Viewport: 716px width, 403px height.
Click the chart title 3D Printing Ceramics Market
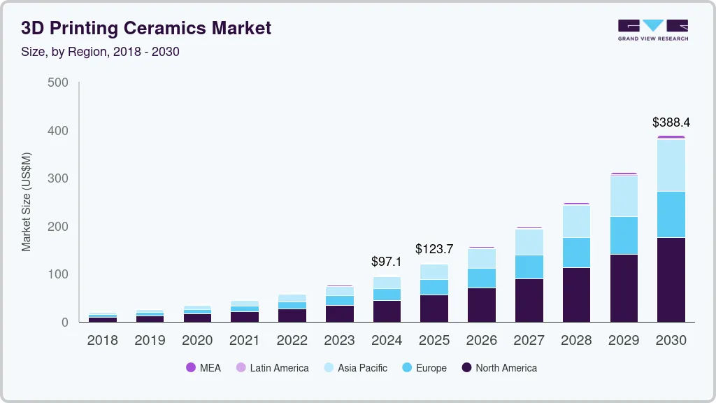(x=146, y=28)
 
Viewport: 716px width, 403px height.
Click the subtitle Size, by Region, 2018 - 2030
(x=100, y=52)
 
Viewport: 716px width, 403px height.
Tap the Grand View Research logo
(x=652, y=29)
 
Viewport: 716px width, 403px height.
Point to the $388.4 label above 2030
(x=671, y=122)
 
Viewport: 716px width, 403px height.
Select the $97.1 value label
(x=387, y=262)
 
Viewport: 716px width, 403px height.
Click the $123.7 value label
(x=434, y=249)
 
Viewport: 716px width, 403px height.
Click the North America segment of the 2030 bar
(x=671, y=280)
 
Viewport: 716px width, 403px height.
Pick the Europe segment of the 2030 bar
(x=671, y=214)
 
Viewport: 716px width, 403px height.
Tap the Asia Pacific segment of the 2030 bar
(x=671, y=165)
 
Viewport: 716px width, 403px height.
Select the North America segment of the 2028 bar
(x=576, y=295)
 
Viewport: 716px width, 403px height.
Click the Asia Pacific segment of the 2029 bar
(x=623, y=196)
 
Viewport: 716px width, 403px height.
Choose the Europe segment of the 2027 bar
(x=529, y=267)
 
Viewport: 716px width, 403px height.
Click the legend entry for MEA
(x=203, y=368)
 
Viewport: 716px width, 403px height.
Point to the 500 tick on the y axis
(x=58, y=83)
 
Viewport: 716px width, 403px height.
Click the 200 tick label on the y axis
(x=58, y=227)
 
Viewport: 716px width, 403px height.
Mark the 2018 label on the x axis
(x=102, y=341)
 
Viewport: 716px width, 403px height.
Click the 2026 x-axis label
(x=481, y=341)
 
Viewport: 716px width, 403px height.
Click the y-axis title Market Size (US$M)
(x=26, y=201)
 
